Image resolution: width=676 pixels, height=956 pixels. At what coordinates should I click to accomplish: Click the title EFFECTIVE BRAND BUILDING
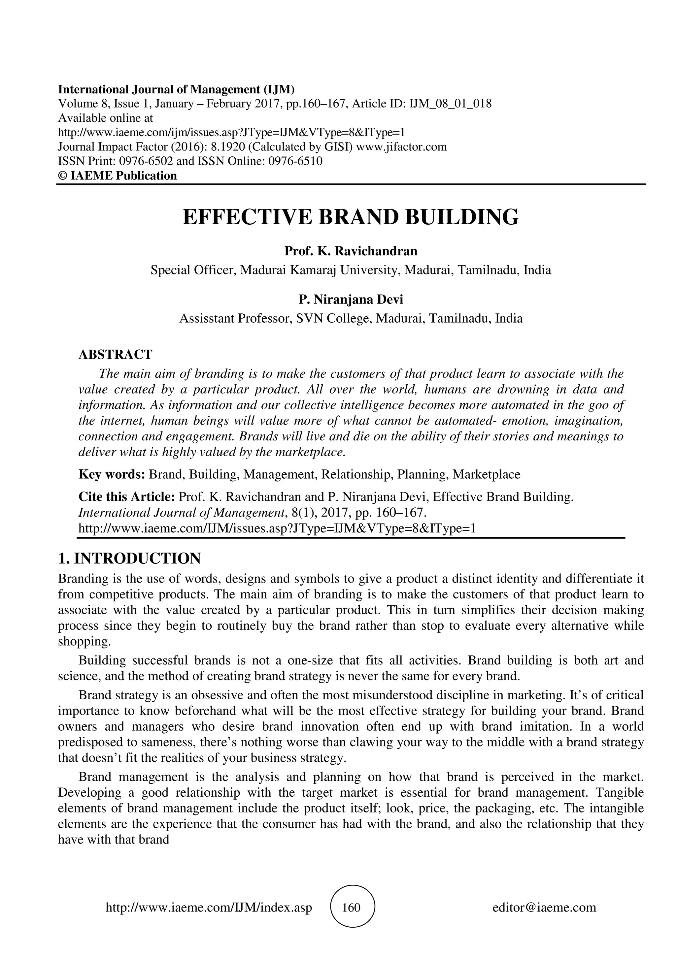coord(351,217)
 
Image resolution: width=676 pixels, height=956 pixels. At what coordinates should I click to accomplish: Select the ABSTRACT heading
coord(116,355)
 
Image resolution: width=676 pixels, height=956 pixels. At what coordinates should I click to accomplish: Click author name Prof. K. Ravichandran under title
coord(351,251)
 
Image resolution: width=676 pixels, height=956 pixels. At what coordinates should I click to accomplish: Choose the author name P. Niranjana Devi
coord(351,300)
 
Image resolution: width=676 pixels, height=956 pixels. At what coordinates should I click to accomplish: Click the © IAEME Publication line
coord(118,175)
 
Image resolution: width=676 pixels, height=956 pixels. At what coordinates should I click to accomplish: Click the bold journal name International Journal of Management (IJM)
coord(176,89)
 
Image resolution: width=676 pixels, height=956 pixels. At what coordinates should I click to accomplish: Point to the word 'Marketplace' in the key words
coord(487,474)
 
